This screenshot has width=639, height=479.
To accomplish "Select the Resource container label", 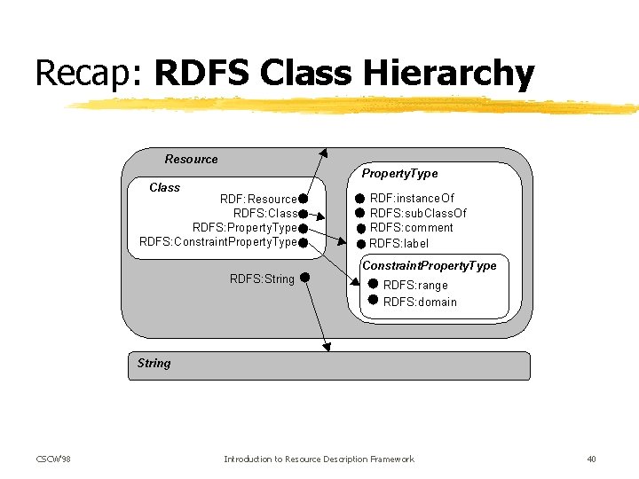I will tap(191, 160).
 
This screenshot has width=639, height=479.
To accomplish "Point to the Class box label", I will tap(164, 188).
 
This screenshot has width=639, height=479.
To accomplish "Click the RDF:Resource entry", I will tap(258, 199).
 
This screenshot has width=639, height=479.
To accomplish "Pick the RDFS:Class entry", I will tap(264, 214).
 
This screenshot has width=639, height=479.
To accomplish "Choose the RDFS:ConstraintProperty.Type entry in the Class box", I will tap(218, 242).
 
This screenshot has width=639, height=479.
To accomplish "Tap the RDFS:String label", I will tap(262, 279).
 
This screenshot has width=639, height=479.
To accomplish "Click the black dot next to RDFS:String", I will tap(304, 278).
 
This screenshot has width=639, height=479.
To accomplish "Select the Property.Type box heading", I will tap(399, 174).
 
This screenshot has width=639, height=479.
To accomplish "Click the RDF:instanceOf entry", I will tap(412, 198).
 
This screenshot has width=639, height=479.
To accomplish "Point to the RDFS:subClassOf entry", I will tap(418, 213).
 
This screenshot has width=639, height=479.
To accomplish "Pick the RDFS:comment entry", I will tap(411, 228).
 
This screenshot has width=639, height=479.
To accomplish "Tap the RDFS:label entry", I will tap(398, 243).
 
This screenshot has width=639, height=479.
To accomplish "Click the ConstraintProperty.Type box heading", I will tap(430, 266).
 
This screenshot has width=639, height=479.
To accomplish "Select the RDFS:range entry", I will tap(415, 286).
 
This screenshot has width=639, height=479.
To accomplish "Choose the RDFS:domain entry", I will tap(420, 302).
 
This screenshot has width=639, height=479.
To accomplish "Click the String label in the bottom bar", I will tap(154, 363).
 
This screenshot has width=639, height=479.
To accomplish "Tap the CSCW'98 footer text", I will tap(53, 459).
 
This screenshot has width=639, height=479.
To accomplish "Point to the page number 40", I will tap(591, 459).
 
